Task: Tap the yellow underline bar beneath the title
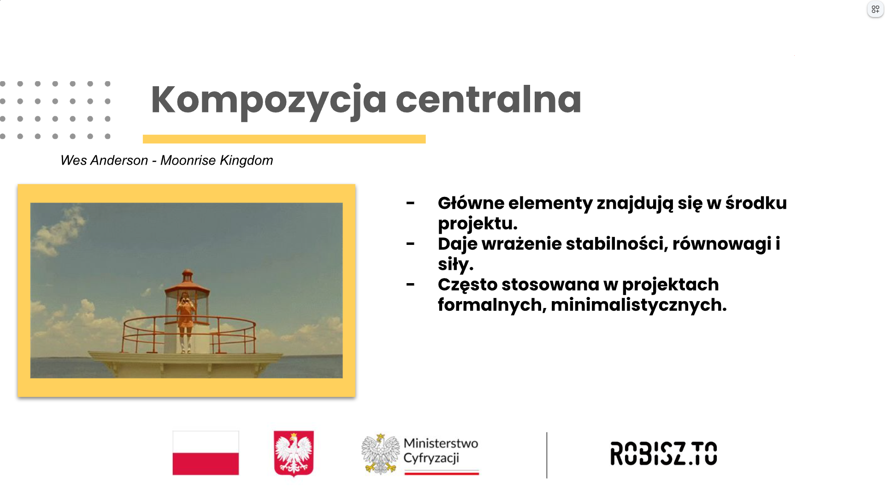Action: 284,139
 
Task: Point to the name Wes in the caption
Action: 74,160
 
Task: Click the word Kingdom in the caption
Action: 247,160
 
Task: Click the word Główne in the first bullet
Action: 471,203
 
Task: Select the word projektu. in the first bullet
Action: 478,224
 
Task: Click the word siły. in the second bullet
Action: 455,264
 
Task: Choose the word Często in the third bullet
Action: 467,285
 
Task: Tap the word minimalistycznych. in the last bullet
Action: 638,305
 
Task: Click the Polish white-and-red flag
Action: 206,453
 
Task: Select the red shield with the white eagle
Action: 294,453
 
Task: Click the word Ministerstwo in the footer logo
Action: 441,443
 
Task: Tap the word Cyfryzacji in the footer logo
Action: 431,458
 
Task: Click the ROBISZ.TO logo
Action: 663,453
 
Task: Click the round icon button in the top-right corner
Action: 875,9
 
